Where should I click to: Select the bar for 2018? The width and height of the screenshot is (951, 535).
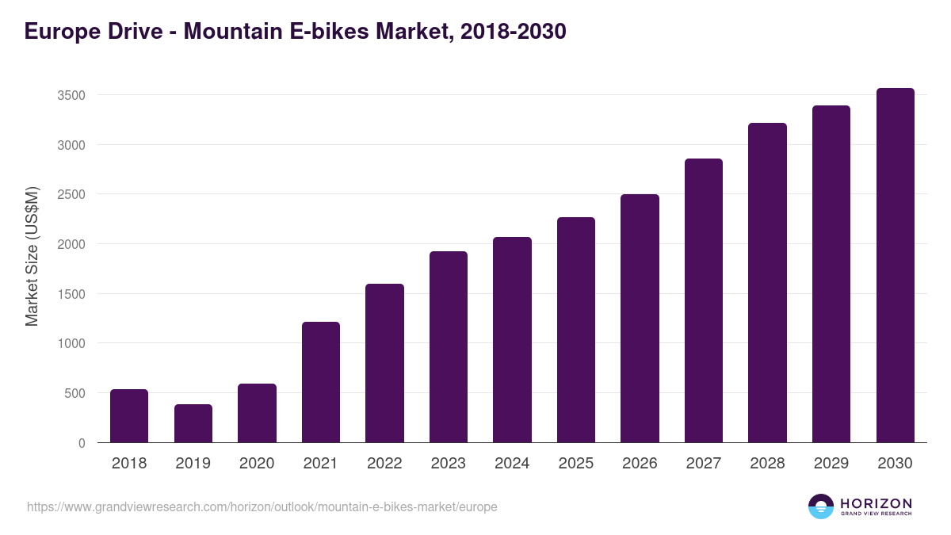(129, 416)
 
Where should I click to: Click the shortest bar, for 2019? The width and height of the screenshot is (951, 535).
(193, 423)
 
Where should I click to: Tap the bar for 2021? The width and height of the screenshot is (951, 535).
(321, 382)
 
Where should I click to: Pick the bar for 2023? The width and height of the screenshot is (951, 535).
(449, 347)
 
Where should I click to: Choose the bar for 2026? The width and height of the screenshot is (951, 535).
(640, 319)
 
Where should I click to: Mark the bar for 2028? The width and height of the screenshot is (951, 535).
(767, 283)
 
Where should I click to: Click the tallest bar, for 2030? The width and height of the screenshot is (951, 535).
(895, 266)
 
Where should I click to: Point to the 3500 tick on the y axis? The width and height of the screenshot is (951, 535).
(71, 95)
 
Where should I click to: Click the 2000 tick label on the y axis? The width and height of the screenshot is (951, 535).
(71, 244)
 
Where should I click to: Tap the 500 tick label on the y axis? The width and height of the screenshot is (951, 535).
(74, 393)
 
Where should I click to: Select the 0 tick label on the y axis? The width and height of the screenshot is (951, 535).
(82, 443)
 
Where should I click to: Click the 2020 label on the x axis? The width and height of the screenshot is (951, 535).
(257, 464)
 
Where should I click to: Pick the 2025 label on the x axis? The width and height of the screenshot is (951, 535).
(576, 464)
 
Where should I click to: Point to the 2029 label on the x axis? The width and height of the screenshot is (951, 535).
(831, 464)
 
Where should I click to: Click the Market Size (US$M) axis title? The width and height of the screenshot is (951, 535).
(32, 256)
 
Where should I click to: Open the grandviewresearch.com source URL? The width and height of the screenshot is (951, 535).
(262, 506)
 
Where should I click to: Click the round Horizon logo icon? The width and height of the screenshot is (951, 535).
(821, 506)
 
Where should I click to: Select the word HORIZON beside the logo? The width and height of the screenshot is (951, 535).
(876, 503)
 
